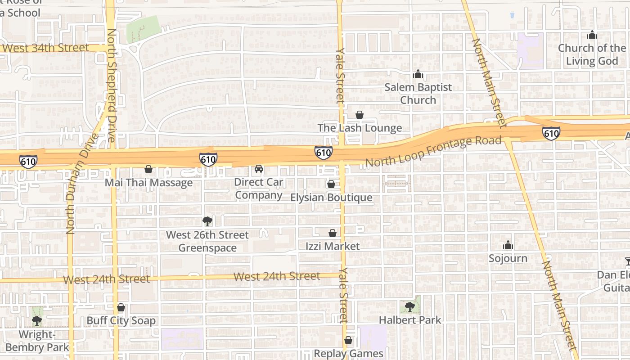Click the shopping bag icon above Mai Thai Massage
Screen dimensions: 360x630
(x=148, y=169)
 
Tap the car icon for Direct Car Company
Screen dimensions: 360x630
(x=259, y=169)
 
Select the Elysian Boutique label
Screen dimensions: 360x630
(x=331, y=198)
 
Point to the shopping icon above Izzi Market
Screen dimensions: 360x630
(x=333, y=233)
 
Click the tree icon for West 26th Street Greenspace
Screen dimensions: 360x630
(x=207, y=221)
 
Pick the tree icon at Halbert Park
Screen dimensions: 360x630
(x=410, y=306)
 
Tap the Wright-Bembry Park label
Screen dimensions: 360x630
(x=37, y=341)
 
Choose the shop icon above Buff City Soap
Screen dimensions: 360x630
(x=121, y=308)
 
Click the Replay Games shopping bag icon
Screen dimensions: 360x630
(x=348, y=340)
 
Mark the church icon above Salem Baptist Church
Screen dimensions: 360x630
(x=418, y=73)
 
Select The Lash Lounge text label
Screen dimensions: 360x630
(x=360, y=128)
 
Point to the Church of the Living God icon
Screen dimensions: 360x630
(x=592, y=35)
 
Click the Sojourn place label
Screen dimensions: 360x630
(x=508, y=258)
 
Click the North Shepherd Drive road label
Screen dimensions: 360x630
(x=112, y=85)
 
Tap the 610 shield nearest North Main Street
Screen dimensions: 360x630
(x=551, y=133)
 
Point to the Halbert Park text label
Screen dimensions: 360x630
(x=410, y=320)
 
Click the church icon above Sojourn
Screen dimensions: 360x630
(x=508, y=245)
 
